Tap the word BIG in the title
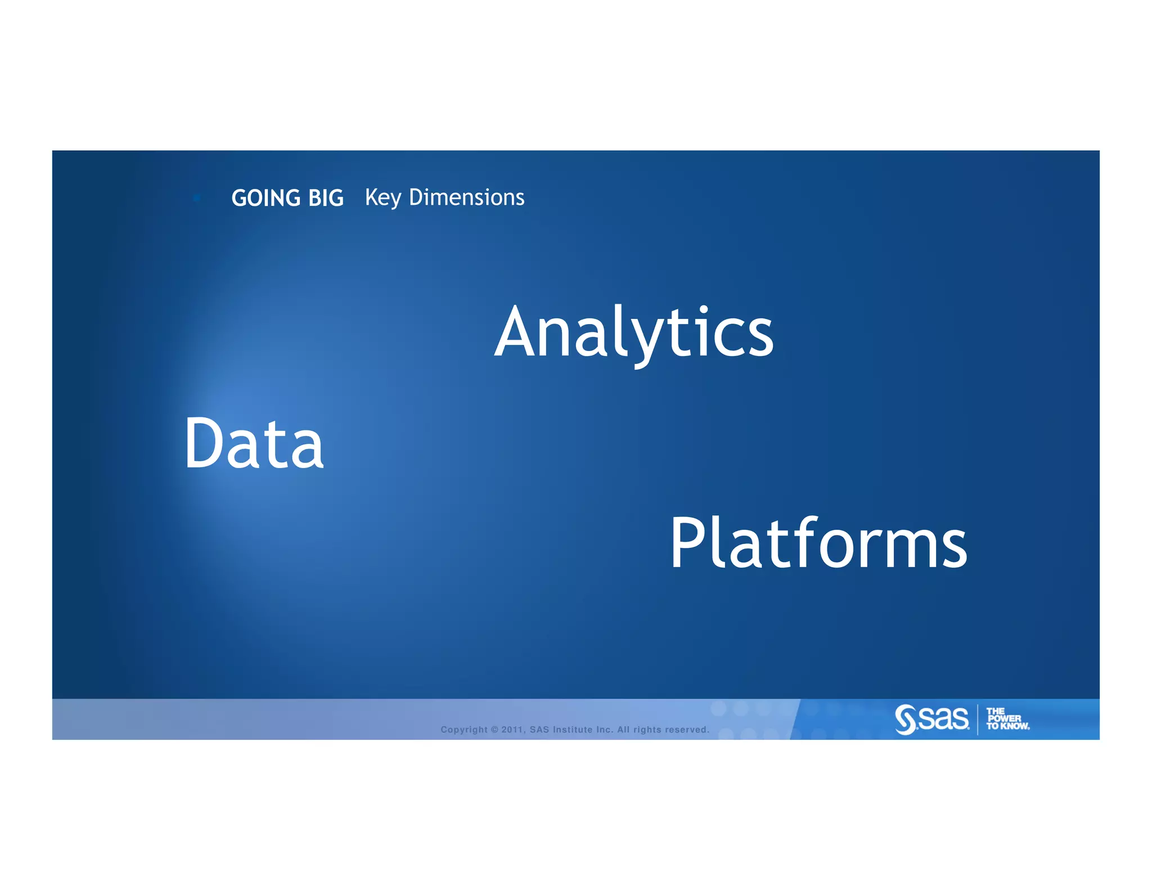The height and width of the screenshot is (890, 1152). (x=326, y=198)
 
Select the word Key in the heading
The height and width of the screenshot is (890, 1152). (x=383, y=198)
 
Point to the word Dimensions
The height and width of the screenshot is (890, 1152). (x=466, y=197)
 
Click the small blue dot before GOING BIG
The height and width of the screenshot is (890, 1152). (x=196, y=198)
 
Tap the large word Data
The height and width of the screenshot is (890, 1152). (x=254, y=443)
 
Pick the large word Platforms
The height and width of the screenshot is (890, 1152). (x=818, y=543)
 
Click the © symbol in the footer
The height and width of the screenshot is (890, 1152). (x=494, y=730)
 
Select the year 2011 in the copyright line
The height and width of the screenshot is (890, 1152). (x=512, y=730)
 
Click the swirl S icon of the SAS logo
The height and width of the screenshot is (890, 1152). (x=905, y=720)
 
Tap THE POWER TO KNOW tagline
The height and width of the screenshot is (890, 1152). (x=1007, y=719)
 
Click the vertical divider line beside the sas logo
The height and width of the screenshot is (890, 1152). (x=978, y=720)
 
